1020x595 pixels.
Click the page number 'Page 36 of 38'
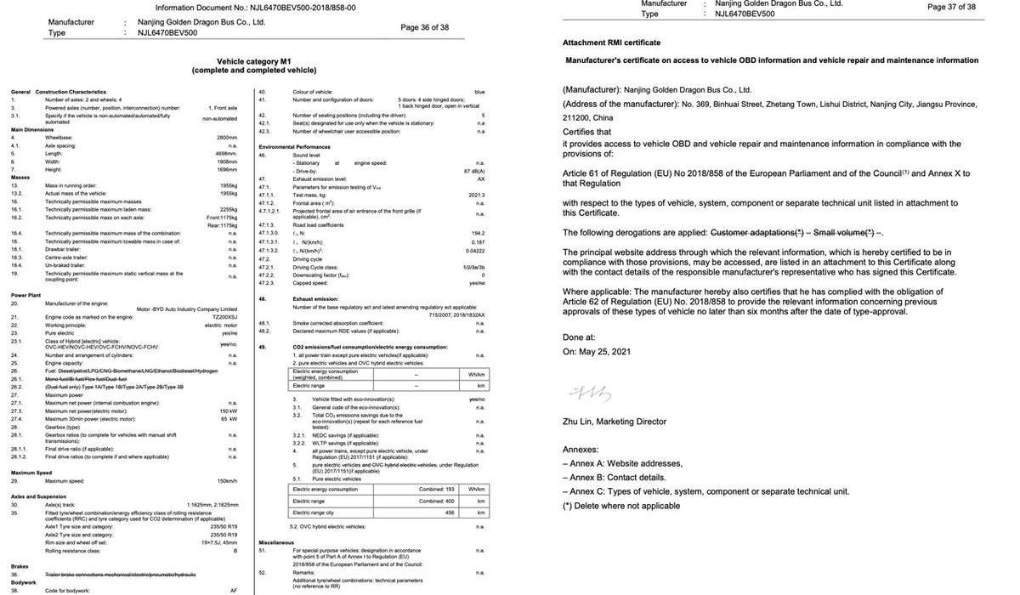click(424, 27)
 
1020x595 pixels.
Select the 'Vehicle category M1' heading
click(254, 61)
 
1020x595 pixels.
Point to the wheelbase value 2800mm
click(226, 137)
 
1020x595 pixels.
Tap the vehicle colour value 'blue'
click(479, 92)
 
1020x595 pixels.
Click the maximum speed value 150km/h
click(227, 481)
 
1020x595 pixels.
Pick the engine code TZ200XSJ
click(225, 317)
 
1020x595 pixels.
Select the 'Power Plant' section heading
click(25, 295)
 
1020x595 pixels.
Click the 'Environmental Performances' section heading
click(294, 147)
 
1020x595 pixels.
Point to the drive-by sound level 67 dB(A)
click(473, 171)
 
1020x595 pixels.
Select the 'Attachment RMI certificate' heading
click(611, 42)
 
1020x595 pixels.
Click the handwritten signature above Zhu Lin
click(590, 393)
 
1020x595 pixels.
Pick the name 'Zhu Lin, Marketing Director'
click(615, 422)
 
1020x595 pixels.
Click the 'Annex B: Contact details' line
click(614, 478)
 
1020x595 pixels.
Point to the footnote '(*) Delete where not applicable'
click(621, 506)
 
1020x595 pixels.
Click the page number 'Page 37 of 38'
click(951, 7)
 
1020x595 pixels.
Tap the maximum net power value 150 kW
click(229, 411)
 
